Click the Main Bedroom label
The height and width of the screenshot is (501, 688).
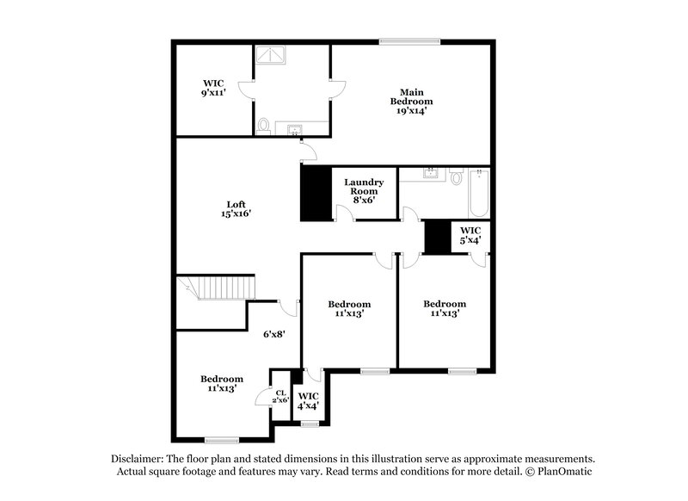tap(408, 101)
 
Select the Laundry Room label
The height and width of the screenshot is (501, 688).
tap(363, 190)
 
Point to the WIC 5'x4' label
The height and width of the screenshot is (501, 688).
tap(470, 235)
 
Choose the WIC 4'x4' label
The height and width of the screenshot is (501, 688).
tap(308, 400)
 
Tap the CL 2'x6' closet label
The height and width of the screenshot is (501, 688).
tap(281, 397)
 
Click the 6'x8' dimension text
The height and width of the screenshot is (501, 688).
tap(274, 334)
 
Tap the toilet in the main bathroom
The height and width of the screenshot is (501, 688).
tap(264, 126)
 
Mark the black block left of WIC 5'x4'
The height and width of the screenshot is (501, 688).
tap(439, 238)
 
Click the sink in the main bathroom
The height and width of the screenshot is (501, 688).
tap(296, 130)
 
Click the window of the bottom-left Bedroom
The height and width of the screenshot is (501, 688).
tap(222, 440)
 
